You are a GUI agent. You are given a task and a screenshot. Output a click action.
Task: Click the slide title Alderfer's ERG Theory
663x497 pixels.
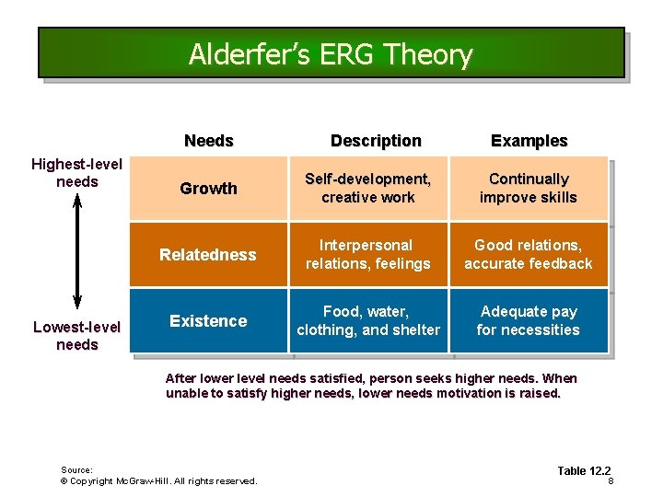click(330, 55)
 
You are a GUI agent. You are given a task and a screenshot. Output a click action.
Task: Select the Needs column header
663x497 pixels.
click(208, 141)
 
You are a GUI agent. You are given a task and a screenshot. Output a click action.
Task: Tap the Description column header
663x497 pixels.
click(376, 141)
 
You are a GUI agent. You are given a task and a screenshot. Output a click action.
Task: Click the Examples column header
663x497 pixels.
click(529, 141)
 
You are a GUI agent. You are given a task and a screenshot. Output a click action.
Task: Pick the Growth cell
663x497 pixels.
click(208, 189)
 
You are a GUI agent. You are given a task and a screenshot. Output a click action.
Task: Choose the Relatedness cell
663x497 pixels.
click(208, 255)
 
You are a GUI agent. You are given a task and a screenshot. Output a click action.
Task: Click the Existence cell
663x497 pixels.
click(208, 321)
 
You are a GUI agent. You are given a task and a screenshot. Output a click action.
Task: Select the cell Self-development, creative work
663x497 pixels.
click(368, 189)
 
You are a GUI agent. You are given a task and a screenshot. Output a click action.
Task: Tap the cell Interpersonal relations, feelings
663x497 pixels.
click(368, 255)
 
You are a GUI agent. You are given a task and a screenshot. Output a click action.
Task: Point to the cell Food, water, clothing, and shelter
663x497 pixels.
click(368, 321)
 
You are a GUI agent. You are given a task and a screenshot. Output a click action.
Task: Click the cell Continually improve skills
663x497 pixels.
click(529, 189)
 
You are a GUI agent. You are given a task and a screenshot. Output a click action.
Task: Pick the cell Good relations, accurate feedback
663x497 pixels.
click(529, 255)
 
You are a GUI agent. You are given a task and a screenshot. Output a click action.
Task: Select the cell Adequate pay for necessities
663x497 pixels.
click(529, 321)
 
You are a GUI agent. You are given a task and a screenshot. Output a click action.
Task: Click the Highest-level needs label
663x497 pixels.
click(76, 173)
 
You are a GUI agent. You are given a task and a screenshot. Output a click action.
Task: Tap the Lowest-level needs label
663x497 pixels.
click(76, 336)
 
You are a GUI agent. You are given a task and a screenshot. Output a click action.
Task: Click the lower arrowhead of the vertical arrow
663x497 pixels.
click(77, 301)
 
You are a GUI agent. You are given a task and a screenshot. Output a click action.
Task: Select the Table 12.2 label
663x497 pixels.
click(583, 470)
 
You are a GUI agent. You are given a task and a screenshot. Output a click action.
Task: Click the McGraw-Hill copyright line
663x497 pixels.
click(158, 481)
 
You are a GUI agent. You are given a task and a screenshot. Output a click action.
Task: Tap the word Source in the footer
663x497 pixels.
click(76, 470)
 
